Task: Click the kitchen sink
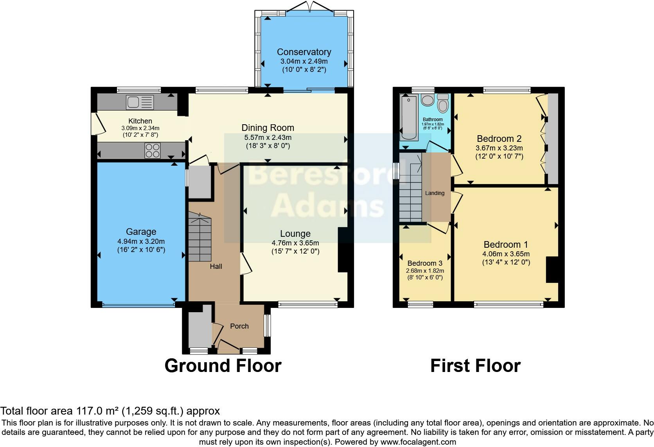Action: tap(140, 102)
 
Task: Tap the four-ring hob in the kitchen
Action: tap(153, 151)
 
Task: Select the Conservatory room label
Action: tap(304, 52)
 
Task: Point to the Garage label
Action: tap(141, 232)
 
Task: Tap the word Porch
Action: tap(239, 326)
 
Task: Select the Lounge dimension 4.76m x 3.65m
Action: tap(295, 243)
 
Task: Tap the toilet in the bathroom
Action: tap(443, 104)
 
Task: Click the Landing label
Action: tap(435, 193)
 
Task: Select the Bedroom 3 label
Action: tap(425, 263)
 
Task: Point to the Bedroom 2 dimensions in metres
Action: tap(499, 148)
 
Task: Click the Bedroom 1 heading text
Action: tap(506, 245)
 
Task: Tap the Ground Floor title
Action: tap(223, 366)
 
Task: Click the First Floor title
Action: tap(475, 366)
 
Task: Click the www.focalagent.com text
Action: tap(417, 442)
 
